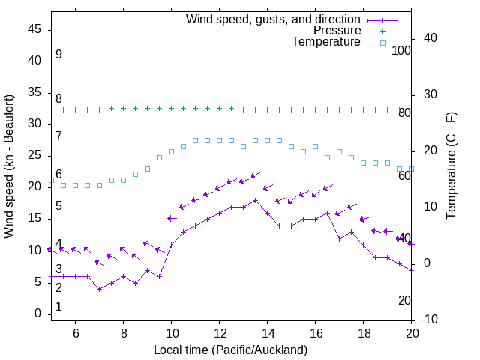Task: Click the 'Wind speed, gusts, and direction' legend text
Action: tap(274, 19)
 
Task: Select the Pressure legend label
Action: tap(337, 31)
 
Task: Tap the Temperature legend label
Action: tap(326, 43)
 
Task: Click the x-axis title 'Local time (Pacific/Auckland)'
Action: tap(230, 349)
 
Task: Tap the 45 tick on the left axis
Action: tap(35, 29)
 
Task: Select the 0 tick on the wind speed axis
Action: tap(38, 313)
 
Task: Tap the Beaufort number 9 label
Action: tap(58, 55)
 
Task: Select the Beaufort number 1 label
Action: tap(58, 307)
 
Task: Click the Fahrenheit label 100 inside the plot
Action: tap(401, 50)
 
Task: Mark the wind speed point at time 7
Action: tap(99, 289)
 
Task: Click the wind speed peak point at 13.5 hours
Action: tap(255, 200)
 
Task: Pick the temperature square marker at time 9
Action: tap(147, 169)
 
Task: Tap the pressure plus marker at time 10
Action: tap(171, 108)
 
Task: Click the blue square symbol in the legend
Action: tap(382, 43)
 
